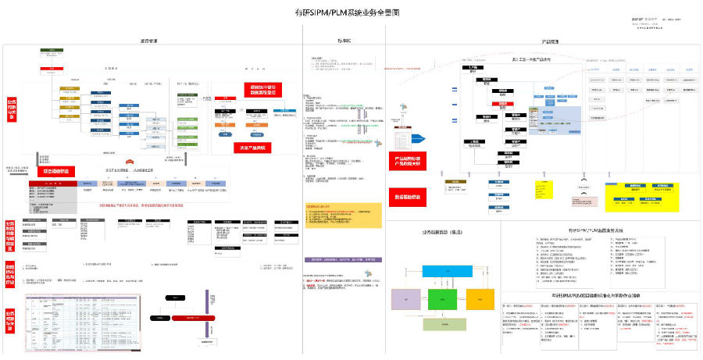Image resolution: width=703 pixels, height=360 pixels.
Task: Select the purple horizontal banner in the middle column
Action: [x=344, y=258]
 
